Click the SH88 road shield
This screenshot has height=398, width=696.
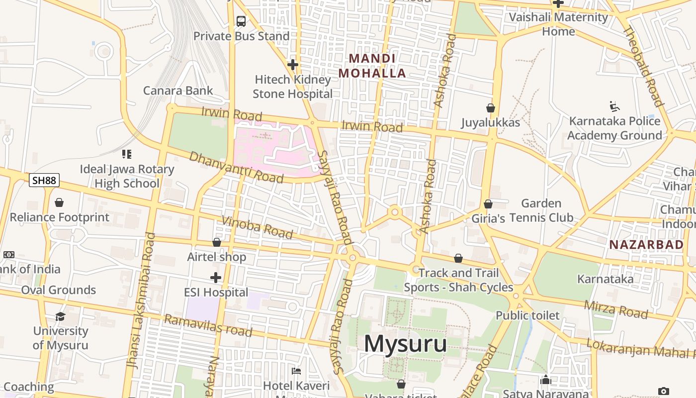44,180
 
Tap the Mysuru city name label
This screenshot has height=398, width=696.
405,344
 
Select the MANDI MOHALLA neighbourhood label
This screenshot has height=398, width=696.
372,66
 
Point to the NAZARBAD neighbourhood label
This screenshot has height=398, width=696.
646,244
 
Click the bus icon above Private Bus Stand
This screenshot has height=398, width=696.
241,21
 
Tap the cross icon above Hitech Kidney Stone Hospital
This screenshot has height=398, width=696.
293,64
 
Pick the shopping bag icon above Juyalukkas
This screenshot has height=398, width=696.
491,108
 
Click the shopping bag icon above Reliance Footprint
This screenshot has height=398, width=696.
59,202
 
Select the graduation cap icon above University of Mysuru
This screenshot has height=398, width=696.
60,316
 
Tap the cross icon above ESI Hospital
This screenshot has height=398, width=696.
216,278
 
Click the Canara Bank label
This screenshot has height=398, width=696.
178,91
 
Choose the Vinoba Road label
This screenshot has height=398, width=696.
257,227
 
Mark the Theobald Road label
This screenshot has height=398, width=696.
643,66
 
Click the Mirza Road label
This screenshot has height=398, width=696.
616,309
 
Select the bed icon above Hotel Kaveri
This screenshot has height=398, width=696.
296,371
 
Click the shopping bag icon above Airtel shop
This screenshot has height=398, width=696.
217,242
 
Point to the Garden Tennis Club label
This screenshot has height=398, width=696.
541,210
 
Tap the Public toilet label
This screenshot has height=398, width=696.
527,315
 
